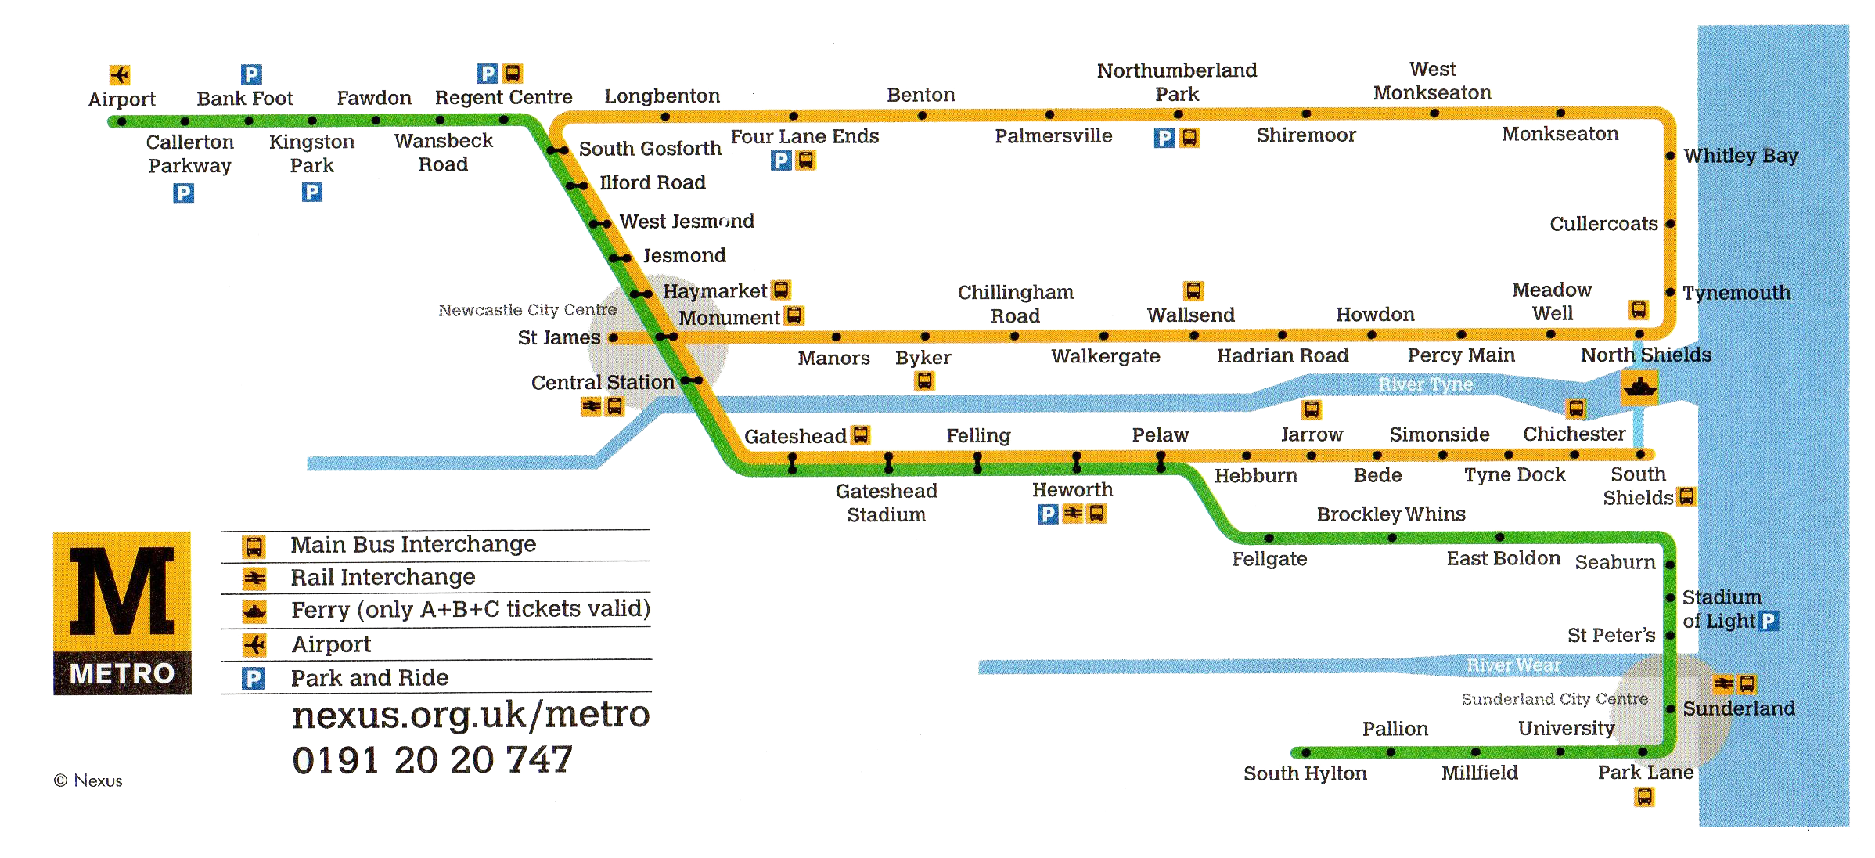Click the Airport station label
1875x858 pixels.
121,99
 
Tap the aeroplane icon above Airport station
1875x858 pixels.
120,74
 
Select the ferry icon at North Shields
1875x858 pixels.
1639,387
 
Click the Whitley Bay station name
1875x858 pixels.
1740,156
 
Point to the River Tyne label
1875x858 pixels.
1425,384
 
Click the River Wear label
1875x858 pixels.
1513,665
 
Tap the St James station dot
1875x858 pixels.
614,338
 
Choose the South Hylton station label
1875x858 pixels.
1305,773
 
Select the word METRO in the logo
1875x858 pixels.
122,674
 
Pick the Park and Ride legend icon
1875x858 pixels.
254,678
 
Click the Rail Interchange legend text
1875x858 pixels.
383,577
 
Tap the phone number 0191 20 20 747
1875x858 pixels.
432,760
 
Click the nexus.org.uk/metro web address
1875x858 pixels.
470,714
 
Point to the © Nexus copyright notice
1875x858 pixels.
88,780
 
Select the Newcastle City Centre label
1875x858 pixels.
527,310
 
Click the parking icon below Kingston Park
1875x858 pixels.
312,192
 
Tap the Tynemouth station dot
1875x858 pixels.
1670,293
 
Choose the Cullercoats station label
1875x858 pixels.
1603,224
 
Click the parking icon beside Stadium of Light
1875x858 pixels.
1768,621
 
